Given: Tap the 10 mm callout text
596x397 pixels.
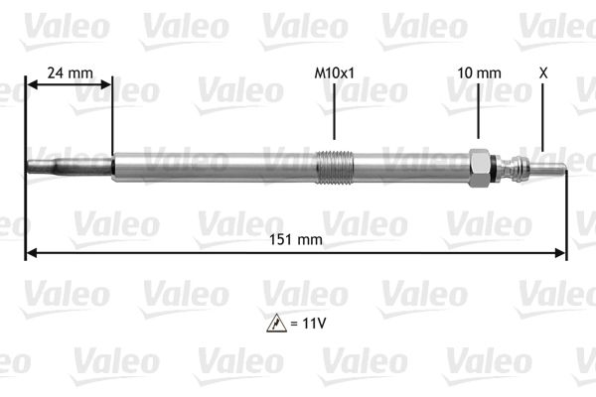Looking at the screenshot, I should pyautogui.click(x=479, y=72).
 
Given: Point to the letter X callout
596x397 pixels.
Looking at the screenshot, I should pyautogui.click(x=542, y=72).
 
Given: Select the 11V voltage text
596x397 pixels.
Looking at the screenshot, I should pyautogui.click(x=311, y=324).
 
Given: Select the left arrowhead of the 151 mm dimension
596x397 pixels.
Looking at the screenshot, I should pyautogui.click(x=30, y=253).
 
